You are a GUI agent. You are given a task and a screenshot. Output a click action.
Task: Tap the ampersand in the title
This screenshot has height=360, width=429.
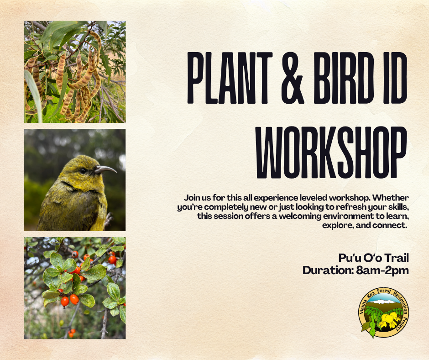[x=293, y=78]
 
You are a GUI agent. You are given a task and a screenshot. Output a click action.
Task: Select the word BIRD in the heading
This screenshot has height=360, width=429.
[x=344, y=78]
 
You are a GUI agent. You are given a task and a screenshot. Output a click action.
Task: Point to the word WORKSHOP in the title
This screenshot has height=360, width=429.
[x=331, y=152]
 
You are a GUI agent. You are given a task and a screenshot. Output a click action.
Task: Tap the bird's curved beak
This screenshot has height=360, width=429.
[x=106, y=169]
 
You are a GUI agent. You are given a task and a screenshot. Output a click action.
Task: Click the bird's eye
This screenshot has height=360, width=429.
[x=82, y=171]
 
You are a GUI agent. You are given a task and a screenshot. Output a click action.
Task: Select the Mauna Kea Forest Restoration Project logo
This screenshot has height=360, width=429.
[x=383, y=312]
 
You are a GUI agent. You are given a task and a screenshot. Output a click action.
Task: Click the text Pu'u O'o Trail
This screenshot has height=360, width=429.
[x=373, y=258]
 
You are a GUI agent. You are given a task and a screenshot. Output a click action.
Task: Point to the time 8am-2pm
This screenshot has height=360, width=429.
[x=382, y=270]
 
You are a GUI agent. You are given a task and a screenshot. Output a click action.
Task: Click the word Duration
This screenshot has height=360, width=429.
[x=328, y=270]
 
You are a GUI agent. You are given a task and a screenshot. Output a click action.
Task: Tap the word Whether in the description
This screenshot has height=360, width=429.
[x=390, y=197]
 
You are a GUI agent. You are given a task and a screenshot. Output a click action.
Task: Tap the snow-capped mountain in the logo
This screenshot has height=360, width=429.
[x=383, y=302]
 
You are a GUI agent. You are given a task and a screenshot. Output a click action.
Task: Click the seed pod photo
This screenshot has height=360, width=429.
[x=75, y=72]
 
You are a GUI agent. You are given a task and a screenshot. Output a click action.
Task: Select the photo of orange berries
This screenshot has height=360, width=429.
[x=75, y=288]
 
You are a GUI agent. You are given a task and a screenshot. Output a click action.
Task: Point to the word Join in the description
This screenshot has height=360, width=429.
[x=191, y=197]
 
